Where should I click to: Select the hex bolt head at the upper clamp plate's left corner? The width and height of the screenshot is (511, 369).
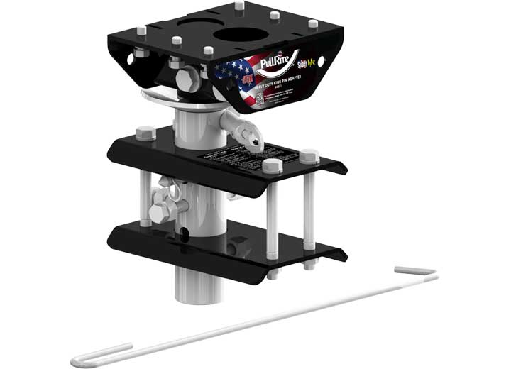[145, 132]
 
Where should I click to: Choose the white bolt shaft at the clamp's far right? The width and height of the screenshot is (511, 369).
[311, 206]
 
